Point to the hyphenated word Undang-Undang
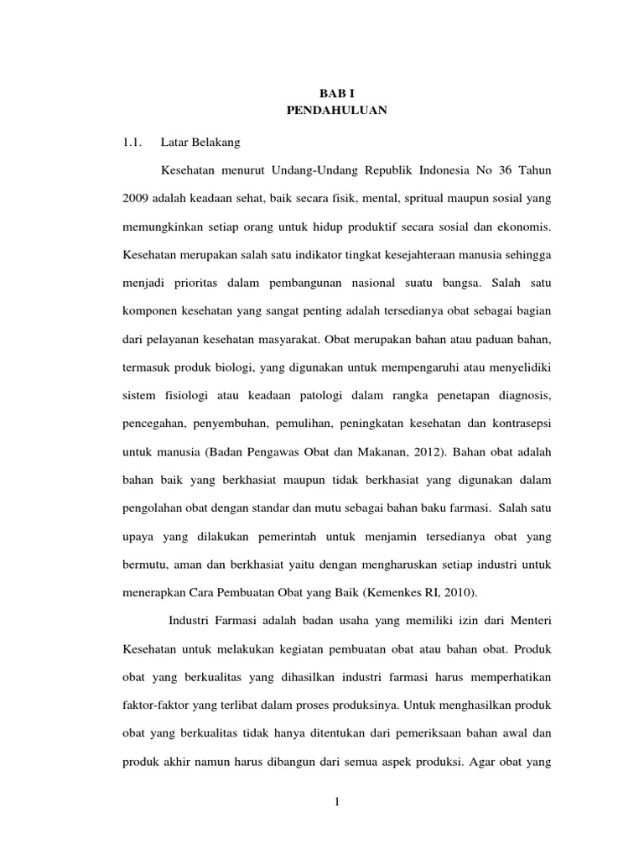tap(314, 170)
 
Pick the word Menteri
tap(523, 622)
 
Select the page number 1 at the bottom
tap(337, 804)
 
